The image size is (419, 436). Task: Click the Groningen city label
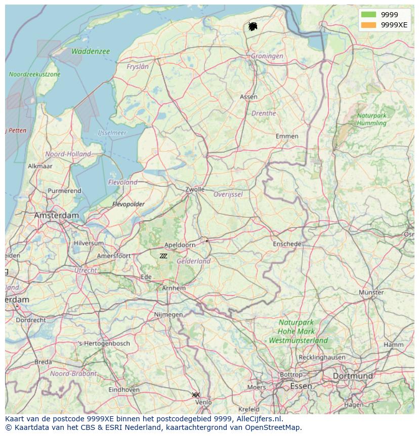(267, 56)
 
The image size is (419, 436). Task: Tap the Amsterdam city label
(57, 215)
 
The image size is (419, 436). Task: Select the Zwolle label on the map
(195, 189)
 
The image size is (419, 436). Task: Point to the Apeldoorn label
(180, 245)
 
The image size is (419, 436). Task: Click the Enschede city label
(287, 244)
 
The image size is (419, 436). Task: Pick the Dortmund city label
(353, 376)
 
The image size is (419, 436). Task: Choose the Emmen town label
(287, 136)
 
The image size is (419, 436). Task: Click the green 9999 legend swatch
(369, 15)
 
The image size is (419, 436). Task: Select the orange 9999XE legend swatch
(369, 25)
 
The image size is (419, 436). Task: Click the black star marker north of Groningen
(253, 26)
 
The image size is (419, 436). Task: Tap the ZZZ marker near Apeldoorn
(163, 256)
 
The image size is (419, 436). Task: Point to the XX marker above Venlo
(196, 394)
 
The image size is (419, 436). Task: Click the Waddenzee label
(91, 51)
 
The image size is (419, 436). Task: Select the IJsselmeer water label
(112, 133)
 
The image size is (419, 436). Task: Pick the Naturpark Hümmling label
(371, 119)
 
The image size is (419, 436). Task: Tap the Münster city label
(371, 292)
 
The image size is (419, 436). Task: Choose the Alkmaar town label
(40, 166)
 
